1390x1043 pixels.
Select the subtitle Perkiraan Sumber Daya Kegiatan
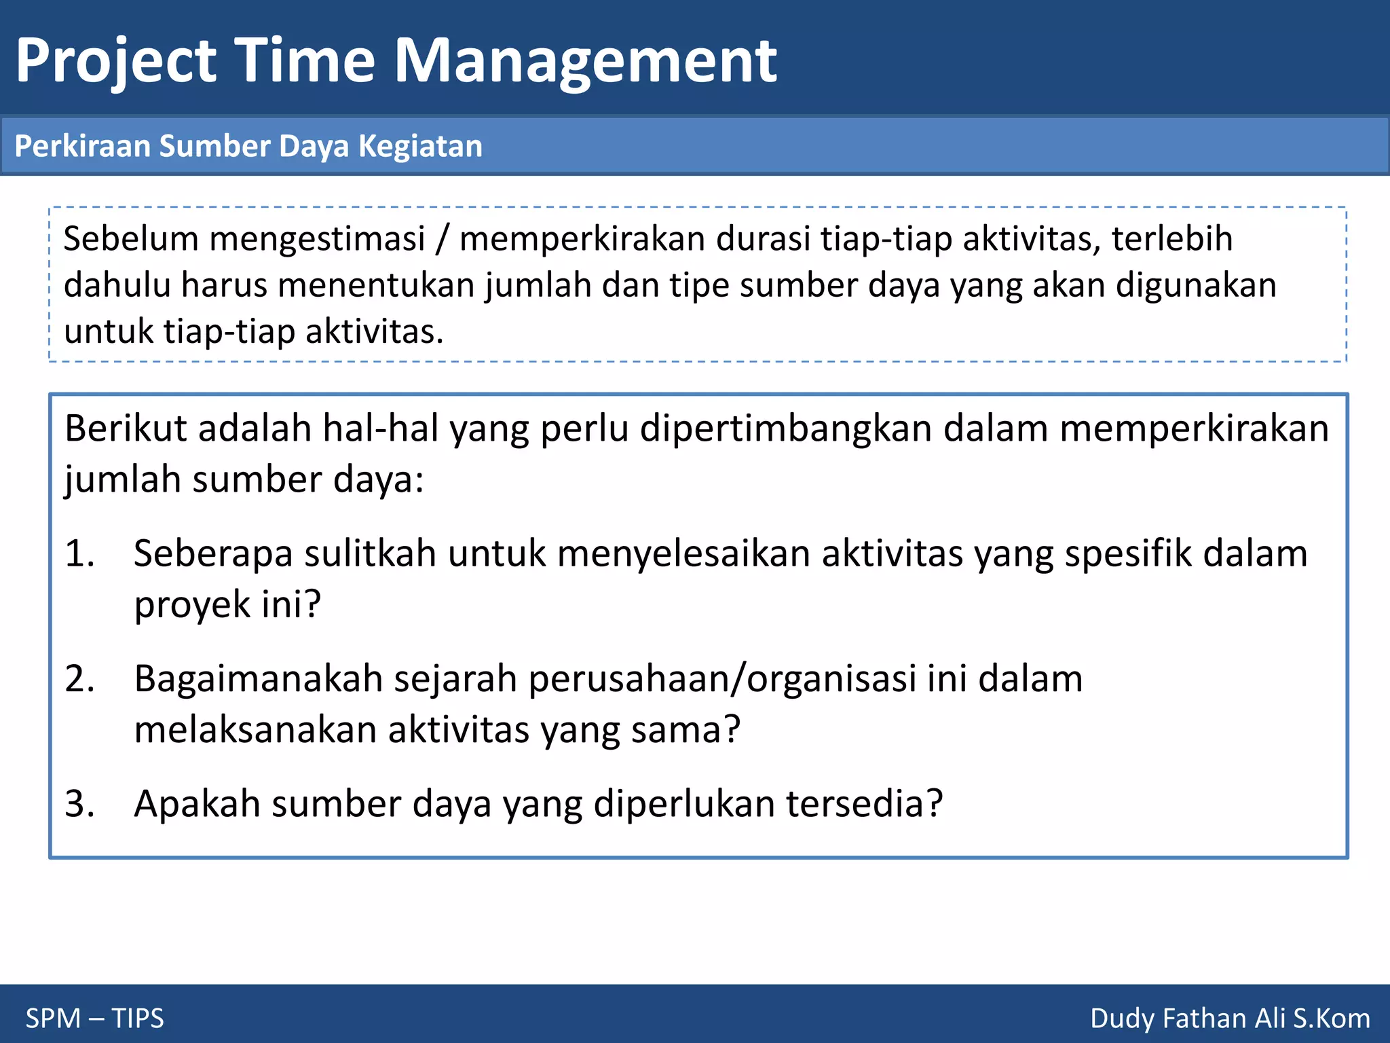click(248, 147)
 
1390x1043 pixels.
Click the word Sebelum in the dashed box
click(131, 239)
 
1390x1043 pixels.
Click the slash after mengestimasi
click(443, 240)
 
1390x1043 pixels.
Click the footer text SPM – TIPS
click(95, 1019)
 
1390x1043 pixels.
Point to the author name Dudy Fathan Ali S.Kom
click(1230, 1019)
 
